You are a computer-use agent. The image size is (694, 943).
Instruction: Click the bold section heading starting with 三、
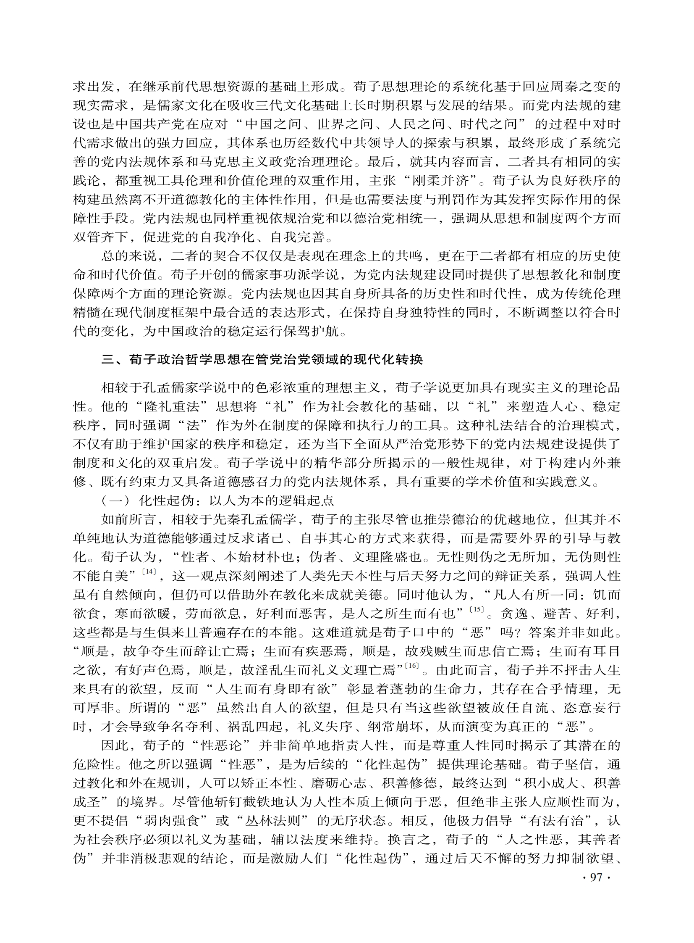(x=262, y=360)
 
